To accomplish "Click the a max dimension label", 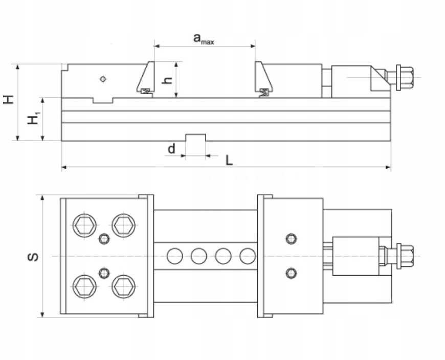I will coord(203,38).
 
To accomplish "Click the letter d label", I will coord(171,149).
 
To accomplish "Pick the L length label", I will coord(229,161).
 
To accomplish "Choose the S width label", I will coord(33,256).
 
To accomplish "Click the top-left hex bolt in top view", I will coord(84,226).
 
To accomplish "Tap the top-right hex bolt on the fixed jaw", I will coord(123,225).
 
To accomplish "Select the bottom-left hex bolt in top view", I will coord(84,286).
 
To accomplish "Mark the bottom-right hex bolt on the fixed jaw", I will coord(123,286).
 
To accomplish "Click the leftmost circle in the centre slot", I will coord(174,256).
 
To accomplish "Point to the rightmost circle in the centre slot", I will coord(248,256).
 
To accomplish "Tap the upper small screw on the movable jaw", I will coord(292,238).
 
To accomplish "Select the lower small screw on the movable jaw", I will coord(292,273).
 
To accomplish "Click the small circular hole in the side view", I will coord(104,79).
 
